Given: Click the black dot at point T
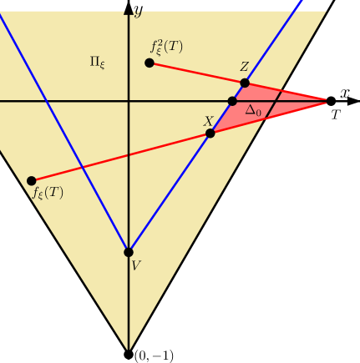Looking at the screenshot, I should tap(331, 101).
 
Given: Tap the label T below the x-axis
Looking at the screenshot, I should tap(336, 115).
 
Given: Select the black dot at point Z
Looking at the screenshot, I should tap(245, 83).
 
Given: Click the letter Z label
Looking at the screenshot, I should tap(244, 68).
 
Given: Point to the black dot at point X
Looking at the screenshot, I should tap(210, 133).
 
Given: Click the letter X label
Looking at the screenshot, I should tap(208, 120).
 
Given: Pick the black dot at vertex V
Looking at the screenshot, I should tap(129, 252).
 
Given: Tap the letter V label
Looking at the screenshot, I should tap(136, 265).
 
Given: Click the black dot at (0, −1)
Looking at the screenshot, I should tap(129, 354).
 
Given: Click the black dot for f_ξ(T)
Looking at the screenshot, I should tap(32, 180).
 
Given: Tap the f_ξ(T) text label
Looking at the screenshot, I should tap(48, 194).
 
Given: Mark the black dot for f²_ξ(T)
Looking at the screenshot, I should tap(150, 63).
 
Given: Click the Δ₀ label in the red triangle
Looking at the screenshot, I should tap(253, 109).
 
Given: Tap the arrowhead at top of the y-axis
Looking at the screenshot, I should tap(129, 8).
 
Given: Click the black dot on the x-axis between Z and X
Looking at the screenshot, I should tap(233, 101).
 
